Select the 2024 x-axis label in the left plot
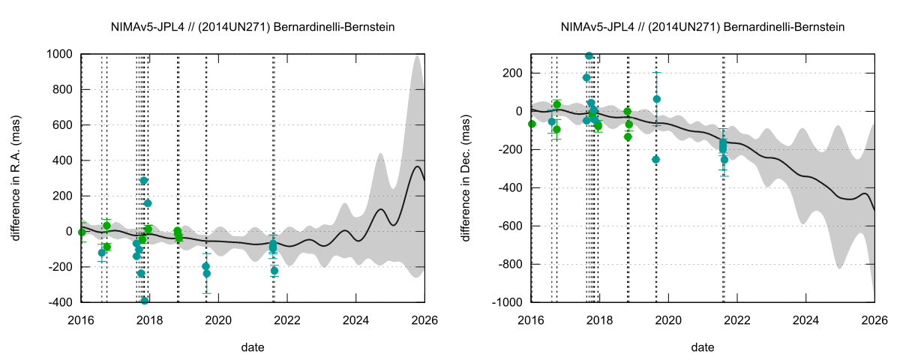(x=355, y=319)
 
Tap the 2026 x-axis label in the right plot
(x=874, y=319)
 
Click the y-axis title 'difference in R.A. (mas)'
(x=16, y=178)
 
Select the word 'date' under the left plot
(x=253, y=347)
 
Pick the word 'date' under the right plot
(x=703, y=347)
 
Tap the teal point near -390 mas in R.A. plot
(x=145, y=301)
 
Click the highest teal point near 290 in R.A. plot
(x=144, y=181)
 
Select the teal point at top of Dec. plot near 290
(x=589, y=56)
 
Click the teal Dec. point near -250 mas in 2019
(x=656, y=159)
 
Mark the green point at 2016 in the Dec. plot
(x=532, y=124)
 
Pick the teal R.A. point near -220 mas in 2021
(x=274, y=271)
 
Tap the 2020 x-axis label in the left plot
(x=218, y=319)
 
